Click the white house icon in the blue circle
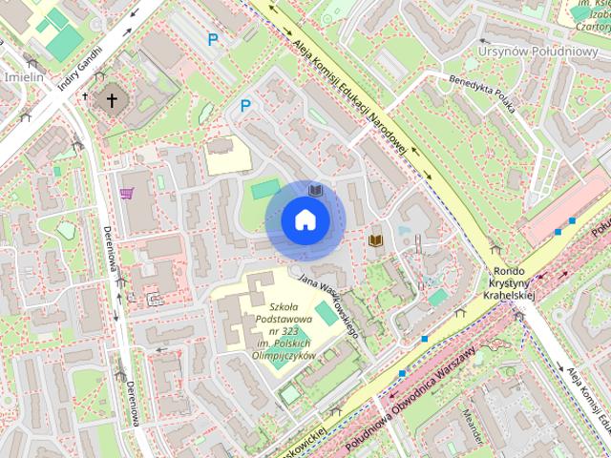click(x=304, y=220)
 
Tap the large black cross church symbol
click(x=112, y=98)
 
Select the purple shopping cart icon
click(x=126, y=193)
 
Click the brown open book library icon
click(x=376, y=240)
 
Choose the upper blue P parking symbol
click(x=213, y=39)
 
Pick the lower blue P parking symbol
click(x=245, y=106)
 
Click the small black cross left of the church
click(x=86, y=96)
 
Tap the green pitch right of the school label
click(x=327, y=313)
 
